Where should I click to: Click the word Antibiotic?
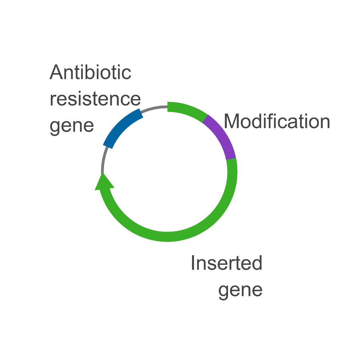pos(90,73)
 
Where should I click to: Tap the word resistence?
pos(95,99)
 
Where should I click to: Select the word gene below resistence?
pos(72,126)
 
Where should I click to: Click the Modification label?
pos(277,121)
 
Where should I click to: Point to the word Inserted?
pos(226,263)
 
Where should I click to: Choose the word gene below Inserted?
pos(240,290)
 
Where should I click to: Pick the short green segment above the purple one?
pos(187,110)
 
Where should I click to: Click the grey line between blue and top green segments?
pos(155,108)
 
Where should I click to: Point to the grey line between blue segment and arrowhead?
pos(104,160)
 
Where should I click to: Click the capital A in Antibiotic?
pos(57,73)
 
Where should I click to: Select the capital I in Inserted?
pos(193,263)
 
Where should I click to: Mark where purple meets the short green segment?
pos(206,118)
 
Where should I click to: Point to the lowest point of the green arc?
pos(168,236)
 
